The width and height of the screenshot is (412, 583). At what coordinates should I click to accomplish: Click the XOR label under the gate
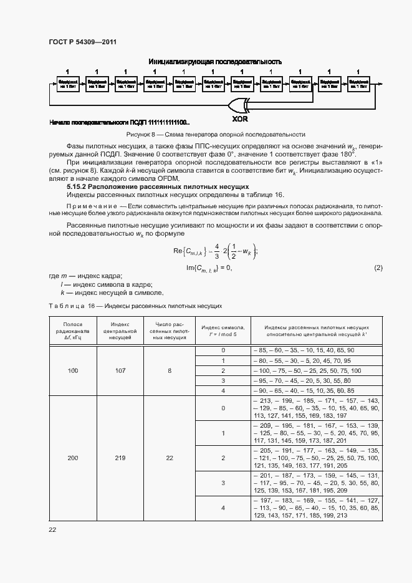[x=241, y=118]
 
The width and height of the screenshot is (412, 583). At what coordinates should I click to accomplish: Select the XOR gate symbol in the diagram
[x=240, y=103]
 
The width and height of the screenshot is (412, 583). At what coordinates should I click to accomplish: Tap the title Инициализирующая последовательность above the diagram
[x=215, y=62]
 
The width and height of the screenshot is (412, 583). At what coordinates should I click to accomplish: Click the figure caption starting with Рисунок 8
[x=215, y=134]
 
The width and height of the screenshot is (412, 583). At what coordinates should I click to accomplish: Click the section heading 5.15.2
[x=158, y=186]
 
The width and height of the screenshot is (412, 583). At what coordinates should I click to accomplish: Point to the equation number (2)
[x=378, y=267]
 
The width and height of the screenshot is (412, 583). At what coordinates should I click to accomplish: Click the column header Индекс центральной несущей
[x=120, y=331]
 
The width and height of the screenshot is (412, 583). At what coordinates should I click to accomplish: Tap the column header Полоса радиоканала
[x=73, y=331]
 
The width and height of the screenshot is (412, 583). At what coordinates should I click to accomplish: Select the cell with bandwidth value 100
[x=73, y=370]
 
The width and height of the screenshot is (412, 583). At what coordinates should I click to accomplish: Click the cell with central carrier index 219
[x=120, y=458]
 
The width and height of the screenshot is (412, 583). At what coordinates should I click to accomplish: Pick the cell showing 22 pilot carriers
[x=170, y=458]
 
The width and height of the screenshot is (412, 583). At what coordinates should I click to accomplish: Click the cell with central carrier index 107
[x=120, y=370]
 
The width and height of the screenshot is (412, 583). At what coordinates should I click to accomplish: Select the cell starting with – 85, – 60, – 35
[x=303, y=351]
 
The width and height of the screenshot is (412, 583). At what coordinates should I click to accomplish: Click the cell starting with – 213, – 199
[x=315, y=408]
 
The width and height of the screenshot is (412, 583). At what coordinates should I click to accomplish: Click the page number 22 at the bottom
[x=52, y=529]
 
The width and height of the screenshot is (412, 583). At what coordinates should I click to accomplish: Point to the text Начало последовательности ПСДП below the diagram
[x=119, y=123]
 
